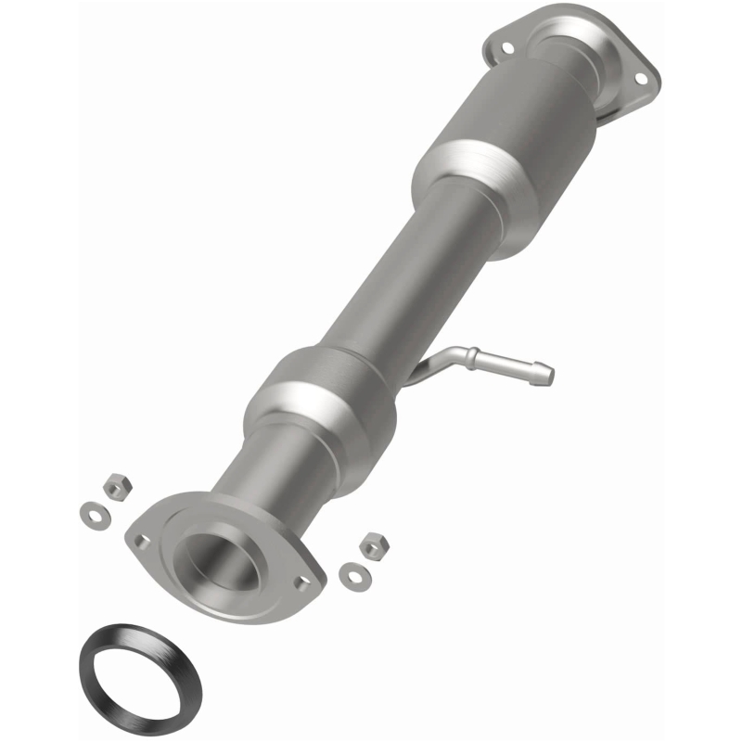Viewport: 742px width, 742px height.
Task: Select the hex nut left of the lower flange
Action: click(117, 486)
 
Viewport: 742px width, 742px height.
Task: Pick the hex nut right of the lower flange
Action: click(373, 545)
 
